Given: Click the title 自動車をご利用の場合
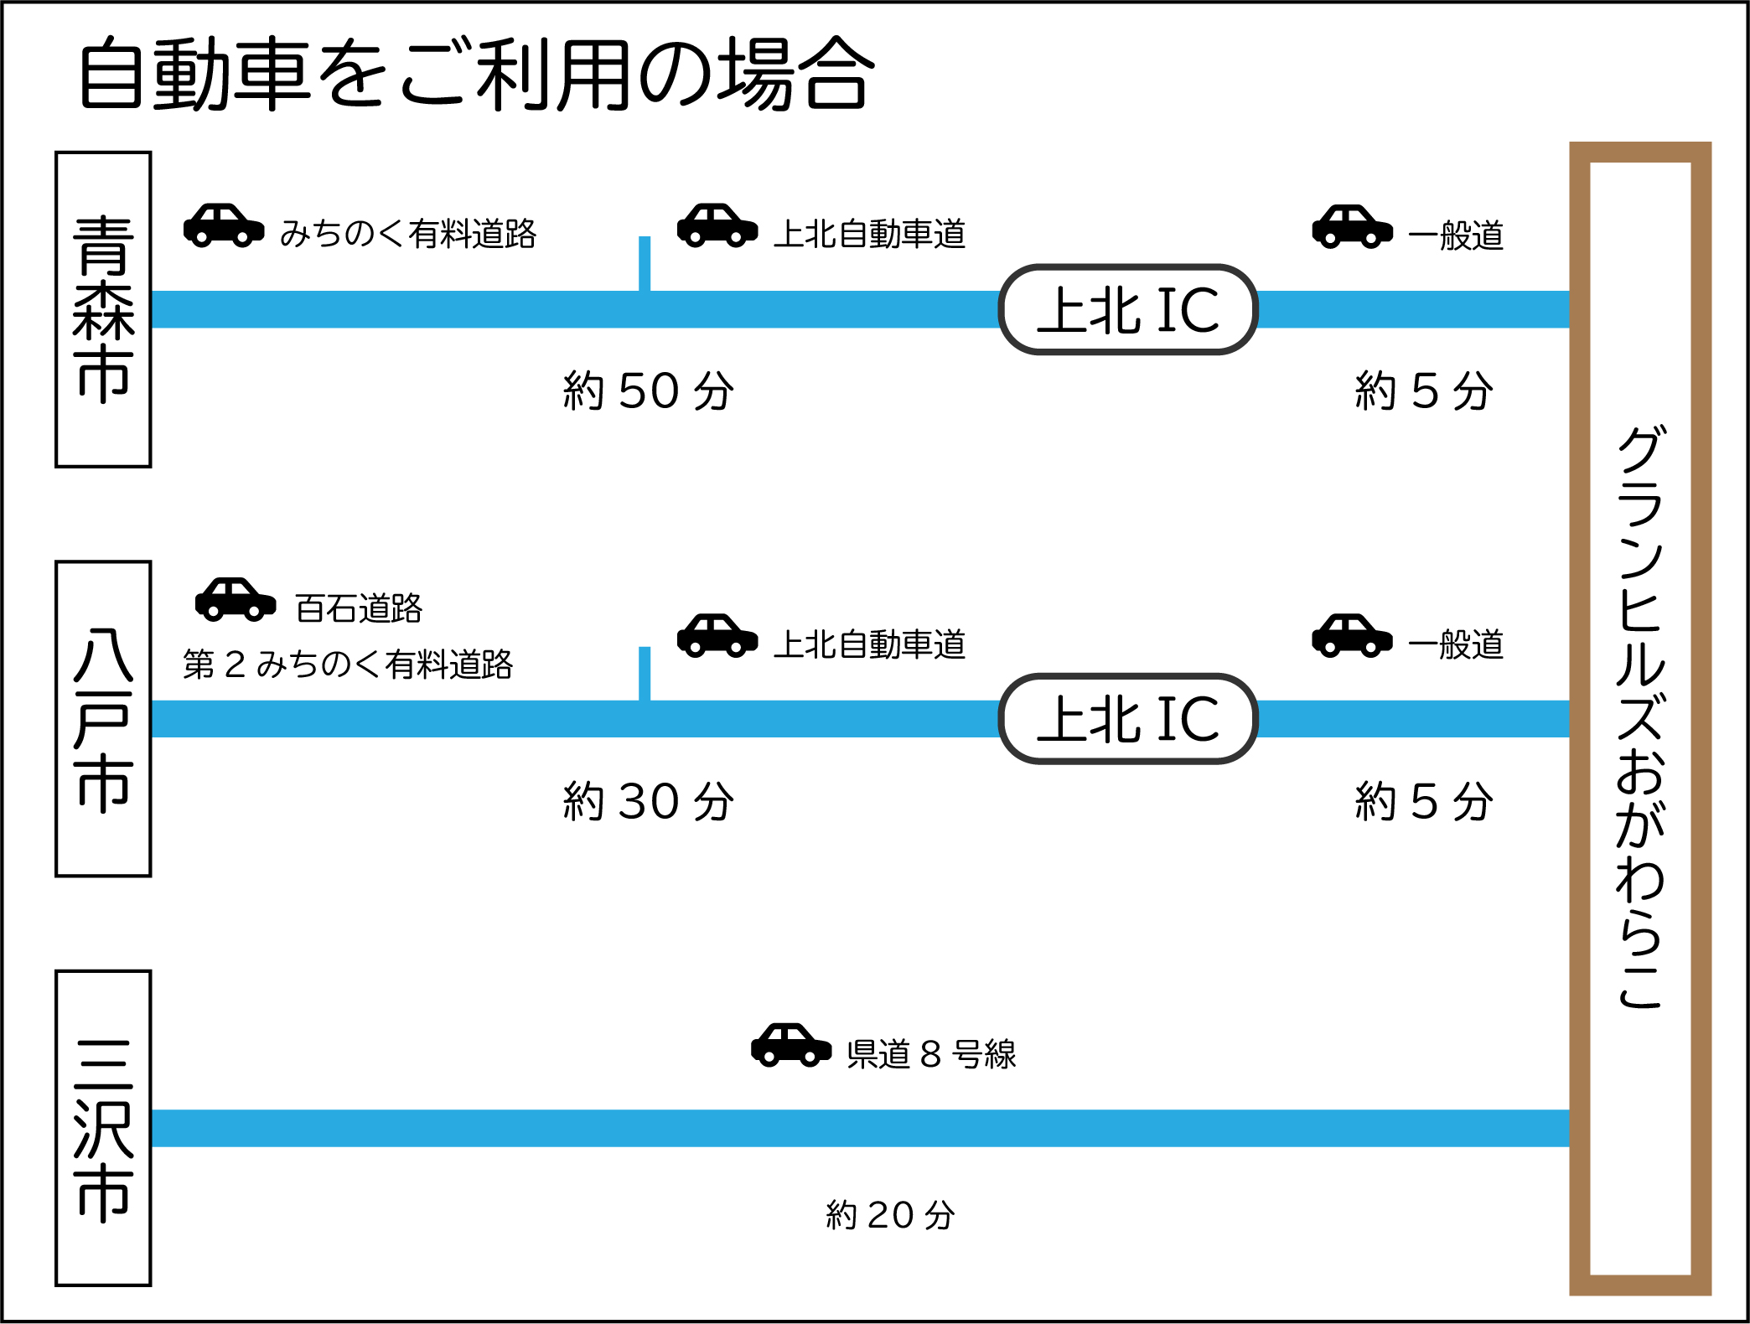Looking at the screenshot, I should [476, 74].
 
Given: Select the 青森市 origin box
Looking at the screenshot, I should [103, 309].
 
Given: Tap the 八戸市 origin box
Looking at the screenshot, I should [103, 719].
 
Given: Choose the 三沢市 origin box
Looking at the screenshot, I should [103, 1128].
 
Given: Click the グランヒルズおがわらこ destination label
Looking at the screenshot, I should [1639, 718].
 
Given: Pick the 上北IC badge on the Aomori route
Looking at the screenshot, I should [1128, 310].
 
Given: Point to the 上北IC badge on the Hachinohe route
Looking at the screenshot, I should [1128, 719].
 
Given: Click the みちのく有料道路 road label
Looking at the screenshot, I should [408, 234].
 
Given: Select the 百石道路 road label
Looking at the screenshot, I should [359, 608].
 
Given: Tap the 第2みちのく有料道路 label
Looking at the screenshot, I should [348, 665].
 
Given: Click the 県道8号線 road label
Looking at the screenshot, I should [931, 1054].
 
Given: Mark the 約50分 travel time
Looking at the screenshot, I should [649, 391].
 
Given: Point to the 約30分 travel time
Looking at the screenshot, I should [649, 801].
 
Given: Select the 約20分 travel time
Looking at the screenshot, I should [890, 1215].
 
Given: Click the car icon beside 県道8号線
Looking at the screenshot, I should [790, 1045].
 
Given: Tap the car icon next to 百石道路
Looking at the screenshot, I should [236, 599].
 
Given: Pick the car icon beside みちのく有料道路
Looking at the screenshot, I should [224, 225].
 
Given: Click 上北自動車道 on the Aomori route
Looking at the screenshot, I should [869, 235].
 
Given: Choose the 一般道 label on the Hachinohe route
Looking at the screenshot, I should [1456, 645].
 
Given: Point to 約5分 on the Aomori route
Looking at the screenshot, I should [1424, 391].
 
